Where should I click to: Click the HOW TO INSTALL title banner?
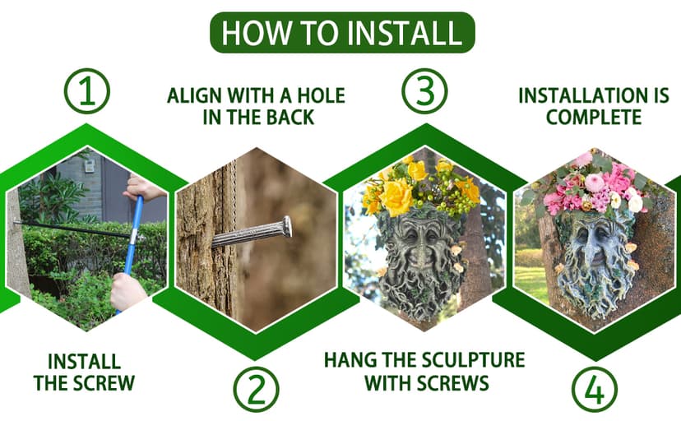[342, 33]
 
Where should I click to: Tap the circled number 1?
[87, 91]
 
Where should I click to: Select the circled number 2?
[256, 389]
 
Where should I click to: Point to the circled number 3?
[424, 91]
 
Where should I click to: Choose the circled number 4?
[594, 389]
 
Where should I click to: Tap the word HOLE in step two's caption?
[321, 95]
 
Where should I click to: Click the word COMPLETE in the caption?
[594, 118]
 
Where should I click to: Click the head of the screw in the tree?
[287, 227]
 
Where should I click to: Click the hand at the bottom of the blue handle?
[128, 290]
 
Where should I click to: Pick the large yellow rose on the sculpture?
[396, 197]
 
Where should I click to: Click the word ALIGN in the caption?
[194, 95]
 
